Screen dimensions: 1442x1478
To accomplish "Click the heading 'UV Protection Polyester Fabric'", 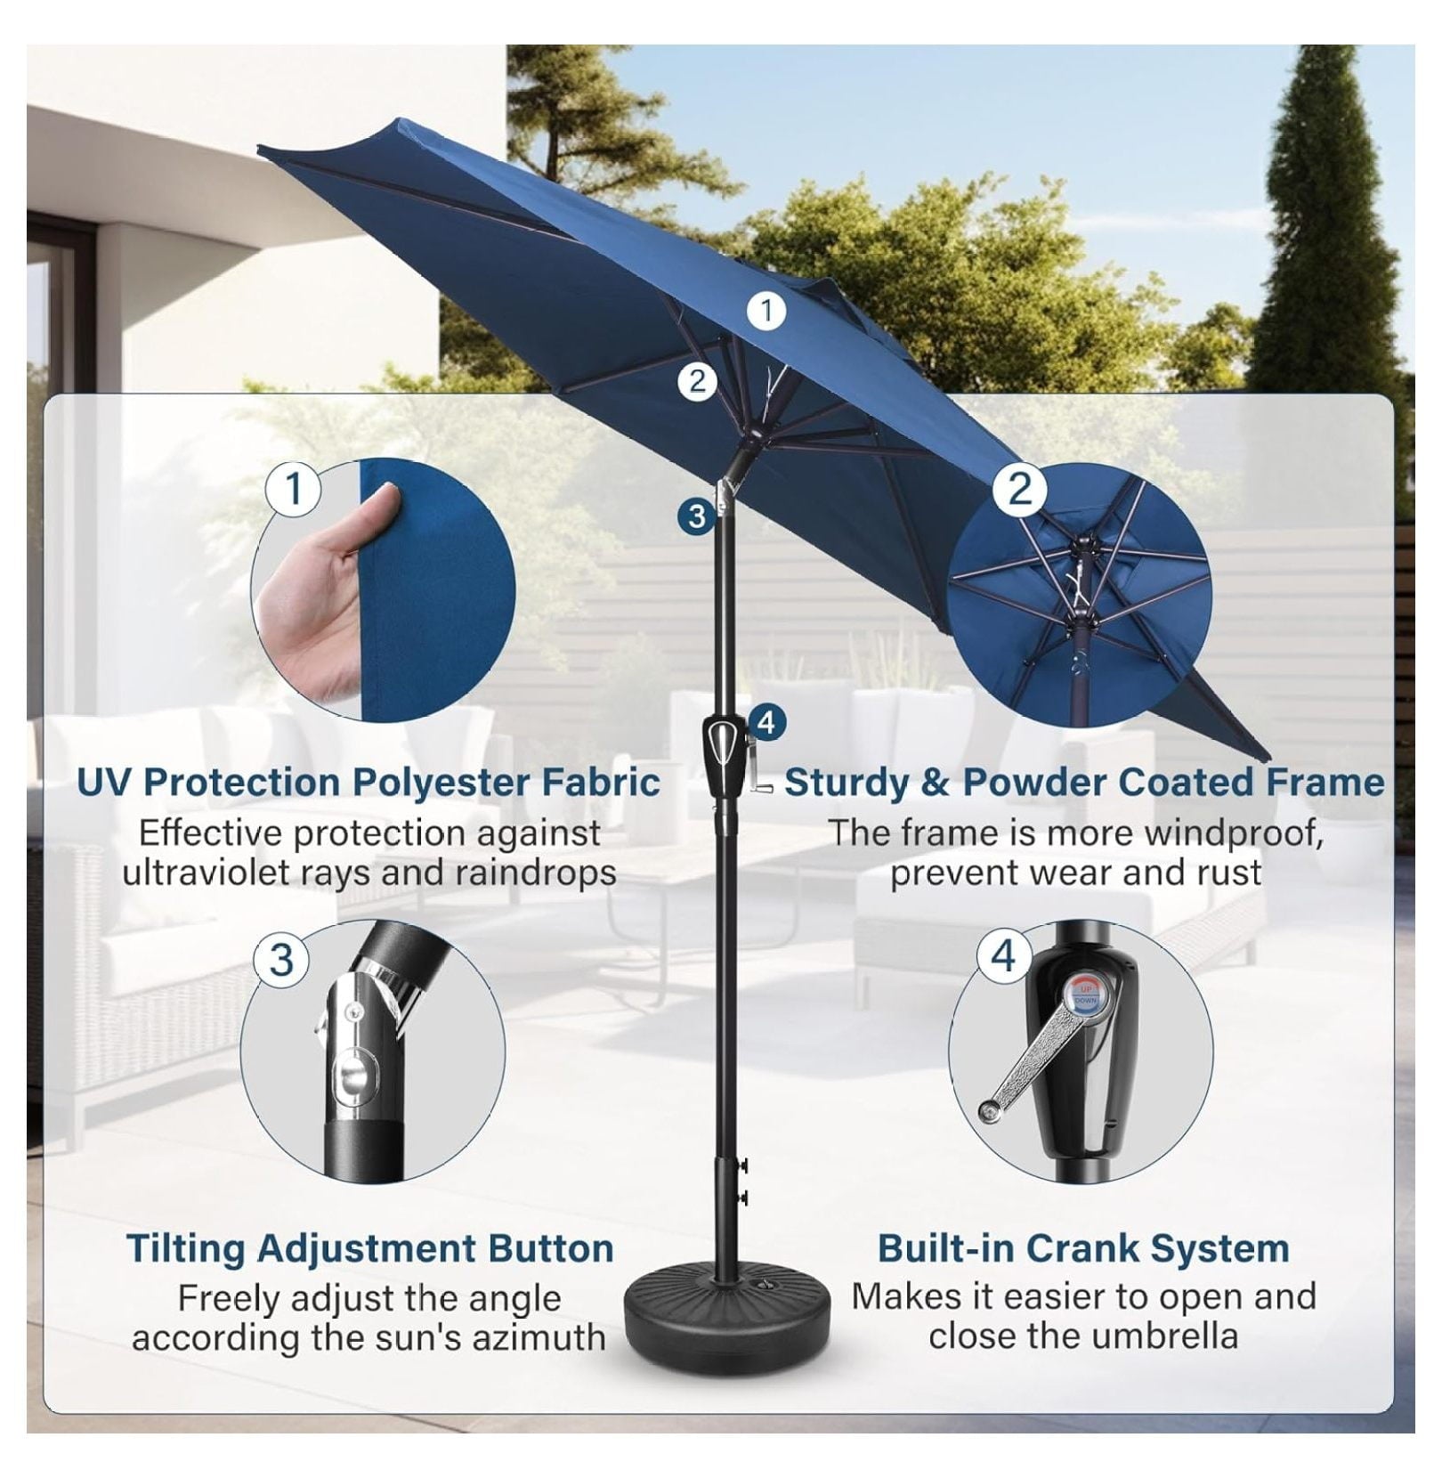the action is [x=369, y=783].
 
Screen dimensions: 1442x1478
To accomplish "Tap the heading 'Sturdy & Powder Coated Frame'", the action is [x=1084, y=783].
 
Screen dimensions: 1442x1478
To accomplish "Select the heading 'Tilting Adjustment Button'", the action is [x=370, y=1249].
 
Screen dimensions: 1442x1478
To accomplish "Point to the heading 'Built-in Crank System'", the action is [x=1083, y=1248].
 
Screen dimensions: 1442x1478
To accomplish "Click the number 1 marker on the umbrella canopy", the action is [x=766, y=311].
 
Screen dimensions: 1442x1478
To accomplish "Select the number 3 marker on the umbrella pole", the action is [x=697, y=516].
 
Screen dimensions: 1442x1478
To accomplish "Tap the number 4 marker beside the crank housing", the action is [x=767, y=722].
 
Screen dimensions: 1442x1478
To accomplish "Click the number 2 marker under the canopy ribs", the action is [x=697, y=381].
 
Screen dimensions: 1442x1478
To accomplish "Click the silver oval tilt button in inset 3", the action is [x=348, y=1074].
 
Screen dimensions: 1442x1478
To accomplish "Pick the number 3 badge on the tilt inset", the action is [x=282, y=960].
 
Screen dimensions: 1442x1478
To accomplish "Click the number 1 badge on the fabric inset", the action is [x=293, y=489].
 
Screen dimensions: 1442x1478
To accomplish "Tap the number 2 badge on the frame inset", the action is [x=1020, y=489].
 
